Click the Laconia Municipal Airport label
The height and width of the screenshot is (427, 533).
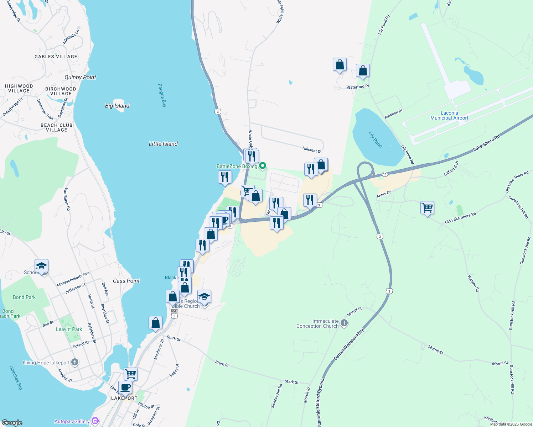coord(449,115)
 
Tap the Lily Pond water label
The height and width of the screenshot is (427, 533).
coord(376,139)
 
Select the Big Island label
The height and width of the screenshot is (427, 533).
coord(117,106)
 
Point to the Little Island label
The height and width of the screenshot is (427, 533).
coord(163,144)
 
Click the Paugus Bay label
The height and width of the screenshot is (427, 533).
coord(162,95)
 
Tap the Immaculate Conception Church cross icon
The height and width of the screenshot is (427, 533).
coord(344,323)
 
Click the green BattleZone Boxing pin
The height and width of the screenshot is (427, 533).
coord(263,166)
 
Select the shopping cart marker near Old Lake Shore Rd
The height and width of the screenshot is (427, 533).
coord(427,207)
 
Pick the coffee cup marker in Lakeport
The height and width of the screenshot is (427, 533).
coord(125,387)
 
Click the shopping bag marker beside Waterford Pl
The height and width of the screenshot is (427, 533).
coord(363,71)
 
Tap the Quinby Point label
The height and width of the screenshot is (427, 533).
coord(80,77)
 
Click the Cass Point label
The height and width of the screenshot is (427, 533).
coord(126,281)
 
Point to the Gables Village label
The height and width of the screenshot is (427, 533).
coord(56,57)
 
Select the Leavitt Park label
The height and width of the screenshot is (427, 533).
coord(69,329)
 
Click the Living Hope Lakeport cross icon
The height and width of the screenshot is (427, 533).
coord(74,362)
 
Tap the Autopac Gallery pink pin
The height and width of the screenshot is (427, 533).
coord(95,421)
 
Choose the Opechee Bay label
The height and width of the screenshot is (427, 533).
coord(16,378)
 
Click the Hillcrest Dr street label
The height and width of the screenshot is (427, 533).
coord(312,150)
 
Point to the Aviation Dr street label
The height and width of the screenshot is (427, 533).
coord(393,114)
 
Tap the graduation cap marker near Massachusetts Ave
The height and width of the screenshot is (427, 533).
coord(41,266)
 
